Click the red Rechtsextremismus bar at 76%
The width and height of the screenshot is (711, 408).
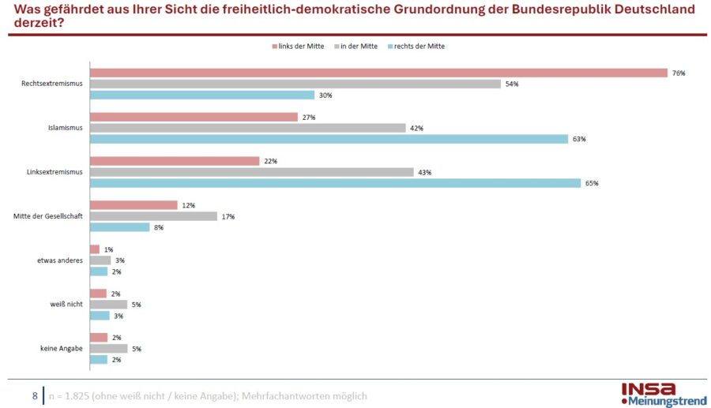click(379, 73)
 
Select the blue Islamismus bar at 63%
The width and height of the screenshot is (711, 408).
click(329, 139)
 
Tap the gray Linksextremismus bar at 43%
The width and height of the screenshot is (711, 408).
click(251, 172)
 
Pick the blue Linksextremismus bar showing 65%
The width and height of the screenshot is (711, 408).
click(335, 183)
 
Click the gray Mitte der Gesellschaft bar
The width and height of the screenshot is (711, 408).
click(153, 216)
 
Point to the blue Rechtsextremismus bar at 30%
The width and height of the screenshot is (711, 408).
click(202, 95)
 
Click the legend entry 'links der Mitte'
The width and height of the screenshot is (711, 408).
click(298, 47)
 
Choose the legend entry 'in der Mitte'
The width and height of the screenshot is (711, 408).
click(358, 47)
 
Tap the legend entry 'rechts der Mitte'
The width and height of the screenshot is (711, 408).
click(419, 47)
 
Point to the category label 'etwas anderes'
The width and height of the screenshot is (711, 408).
click(62, 260)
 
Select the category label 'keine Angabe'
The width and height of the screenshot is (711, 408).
click(62, 349)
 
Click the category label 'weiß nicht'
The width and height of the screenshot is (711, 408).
click(66, 305)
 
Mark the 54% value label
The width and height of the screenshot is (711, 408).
click(511, 84)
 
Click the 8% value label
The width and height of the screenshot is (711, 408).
click(158, 227)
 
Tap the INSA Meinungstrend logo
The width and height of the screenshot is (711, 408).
click(663, 395)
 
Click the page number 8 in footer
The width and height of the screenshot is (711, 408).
click(35, 395)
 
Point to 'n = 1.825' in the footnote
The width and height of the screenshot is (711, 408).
click(66, 396)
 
